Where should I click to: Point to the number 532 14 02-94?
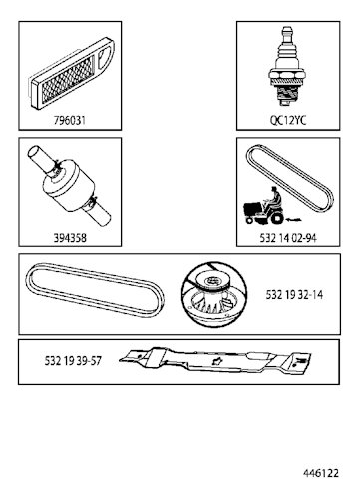(286, 240)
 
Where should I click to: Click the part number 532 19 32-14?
(295, 296)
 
